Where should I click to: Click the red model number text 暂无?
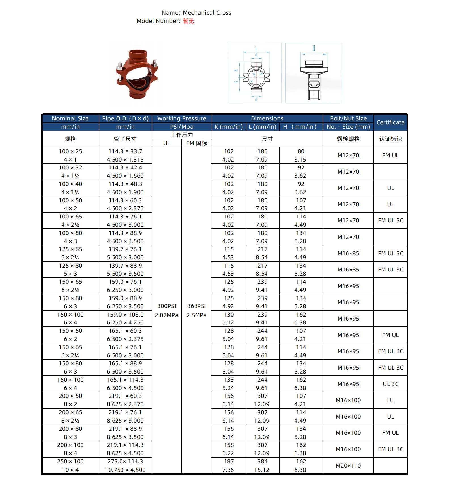pyautogui.click(x=188, y=21)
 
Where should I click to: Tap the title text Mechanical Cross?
pyautogui.click(x=207, y=13)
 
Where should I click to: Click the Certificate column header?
pyautogui.click(x=390, y=122)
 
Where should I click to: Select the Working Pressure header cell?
pyautogui.click(x=181, y=118)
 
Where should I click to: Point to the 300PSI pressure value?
pyautogui.click(x=166, y=306)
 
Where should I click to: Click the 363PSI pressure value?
pyautogui.click(x=197, y=306)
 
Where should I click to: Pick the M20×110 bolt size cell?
pyautogui.click(x=348, y=466)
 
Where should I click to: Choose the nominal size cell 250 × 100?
pyautogui.click(x=70, y=461)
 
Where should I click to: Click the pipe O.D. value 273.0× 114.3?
pyautogui.click(x=125, y=461)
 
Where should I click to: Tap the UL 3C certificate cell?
pyautogui.click(x=390, y=384)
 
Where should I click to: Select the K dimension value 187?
pyautogui.click(x=229, y=461)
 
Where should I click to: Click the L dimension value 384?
pyautogui.click(x=262, y=461)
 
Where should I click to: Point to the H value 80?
pyautogui.click(x=301, y=151)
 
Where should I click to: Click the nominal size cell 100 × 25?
pyautogui.click(x=70, y=151)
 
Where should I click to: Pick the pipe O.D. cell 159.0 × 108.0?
pyautogui.click(x=125, y=315)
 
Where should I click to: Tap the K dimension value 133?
pyautogui.click(x=229, y=380)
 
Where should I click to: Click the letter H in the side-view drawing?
pyautogui.click(x=314, y=48)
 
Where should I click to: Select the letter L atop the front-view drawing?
pyautogui.click(x=256, y=48)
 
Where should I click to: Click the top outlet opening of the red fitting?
pyautogui.click(x=138, y=54)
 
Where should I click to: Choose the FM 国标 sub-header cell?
pyautogui.click(x=197, y=143)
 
